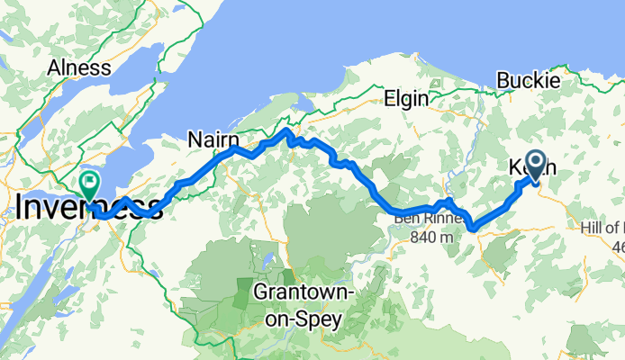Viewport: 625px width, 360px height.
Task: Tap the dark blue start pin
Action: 536,164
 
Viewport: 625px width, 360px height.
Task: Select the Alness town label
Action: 79,68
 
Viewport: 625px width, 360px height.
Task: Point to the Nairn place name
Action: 213,139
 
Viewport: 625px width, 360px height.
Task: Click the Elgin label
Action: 405,98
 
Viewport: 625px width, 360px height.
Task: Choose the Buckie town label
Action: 530,80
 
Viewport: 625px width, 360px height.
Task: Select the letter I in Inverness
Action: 21,207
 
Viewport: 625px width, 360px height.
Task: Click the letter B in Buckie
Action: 504,80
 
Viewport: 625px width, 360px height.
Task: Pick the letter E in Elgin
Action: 388,98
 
